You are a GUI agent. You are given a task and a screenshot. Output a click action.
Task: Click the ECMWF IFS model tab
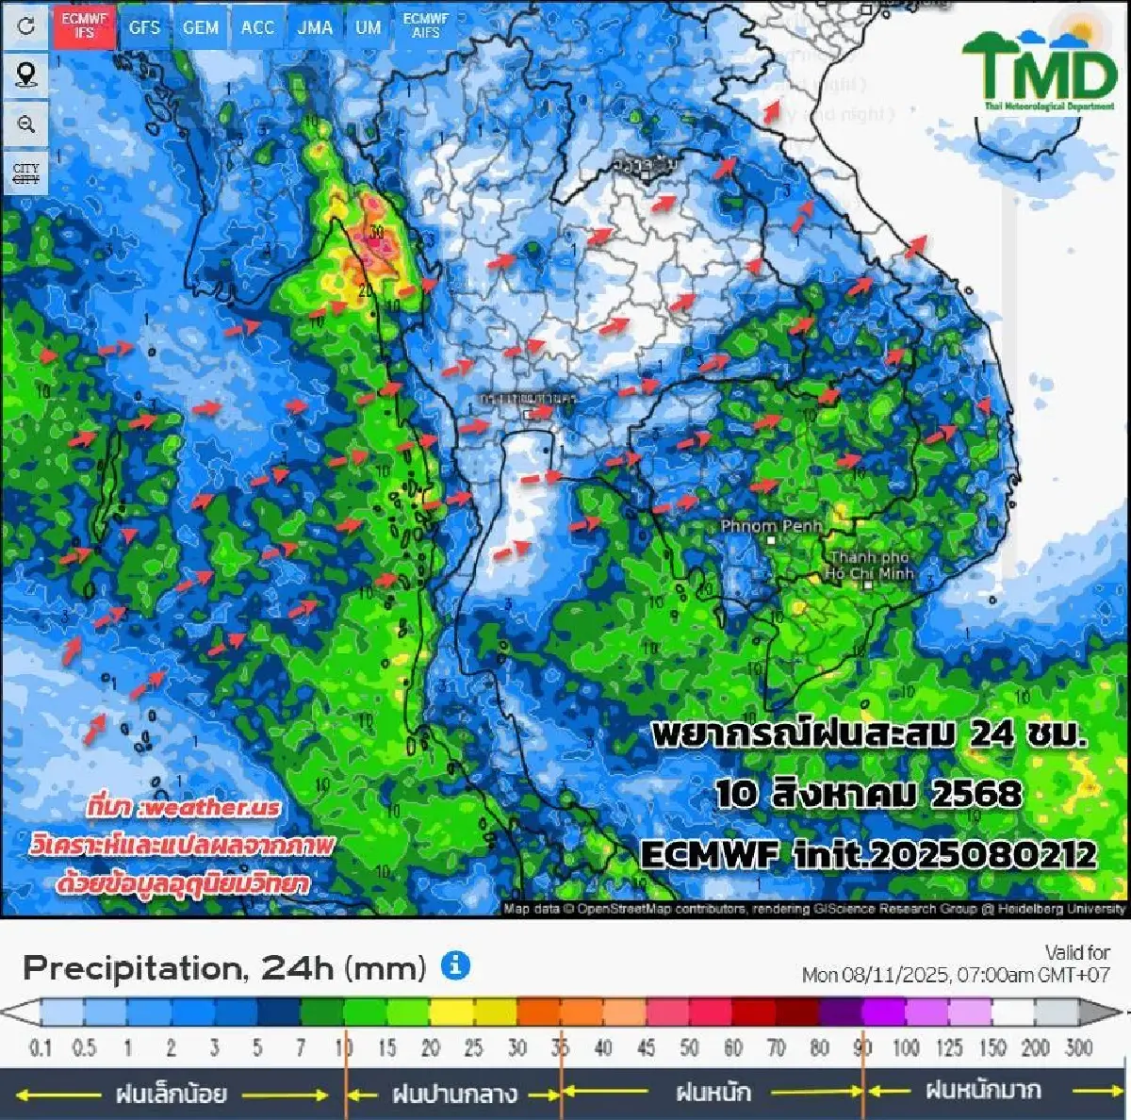coord(84,25)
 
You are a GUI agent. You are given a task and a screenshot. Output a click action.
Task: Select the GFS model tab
coord(144,27)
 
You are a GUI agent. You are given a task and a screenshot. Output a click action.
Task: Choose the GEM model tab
coord(200,27)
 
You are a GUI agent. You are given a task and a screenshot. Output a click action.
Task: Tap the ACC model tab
coord(257,27)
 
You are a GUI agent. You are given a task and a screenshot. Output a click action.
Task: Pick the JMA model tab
coord(315,27)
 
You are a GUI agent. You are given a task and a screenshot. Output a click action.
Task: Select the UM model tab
coord(368,27)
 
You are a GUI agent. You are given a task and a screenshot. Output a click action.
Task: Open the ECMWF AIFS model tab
coord(425,25)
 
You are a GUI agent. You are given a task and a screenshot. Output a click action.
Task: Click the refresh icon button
coord(26,25)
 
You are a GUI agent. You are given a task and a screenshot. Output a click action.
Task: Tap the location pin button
coord(26,74)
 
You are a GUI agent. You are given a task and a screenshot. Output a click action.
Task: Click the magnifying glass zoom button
coord(26,124)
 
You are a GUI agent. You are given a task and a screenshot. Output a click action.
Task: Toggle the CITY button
coord(26,173)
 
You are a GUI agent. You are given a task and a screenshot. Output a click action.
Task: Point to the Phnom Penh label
coord(771,526)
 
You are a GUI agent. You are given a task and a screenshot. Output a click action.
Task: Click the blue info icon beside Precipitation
coord(455,965)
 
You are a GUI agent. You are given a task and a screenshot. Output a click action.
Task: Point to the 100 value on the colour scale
coord(906,1047)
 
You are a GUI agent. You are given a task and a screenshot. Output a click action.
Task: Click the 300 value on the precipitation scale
coord(1078,1047)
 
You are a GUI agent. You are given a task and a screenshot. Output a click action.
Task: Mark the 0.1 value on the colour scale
coord(41,1047)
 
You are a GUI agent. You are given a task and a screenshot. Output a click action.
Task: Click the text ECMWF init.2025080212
coord(868,855)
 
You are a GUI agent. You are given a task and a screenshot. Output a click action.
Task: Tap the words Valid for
coord(1077,952)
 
